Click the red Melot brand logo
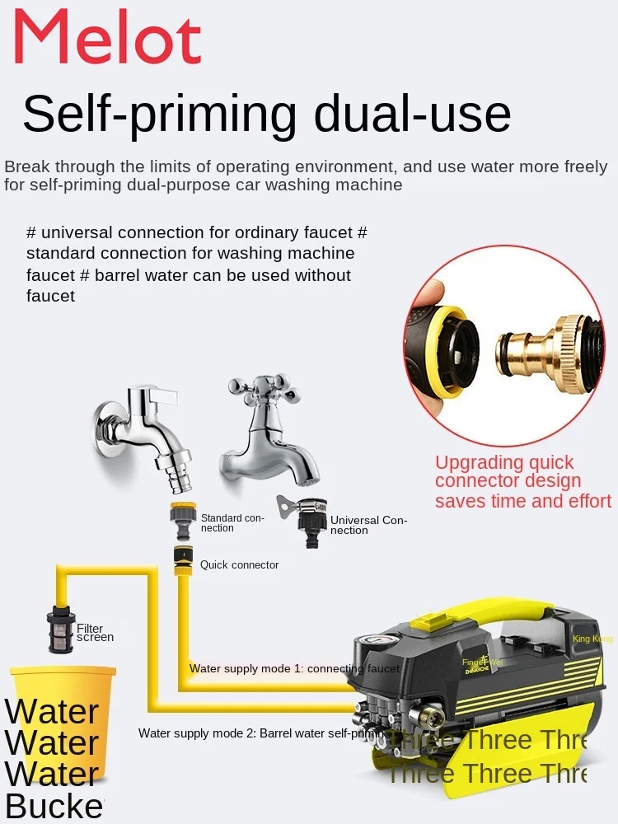[x=108, y=36]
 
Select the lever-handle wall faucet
[x=144, y=425]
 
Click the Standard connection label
[x=233, y=522]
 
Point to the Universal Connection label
[x=368, y=525]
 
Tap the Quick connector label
[x=239, y=565]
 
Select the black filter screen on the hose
[x=60, y=630]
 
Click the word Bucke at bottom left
[x=54, y=806]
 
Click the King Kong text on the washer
[x=592, y=639]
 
